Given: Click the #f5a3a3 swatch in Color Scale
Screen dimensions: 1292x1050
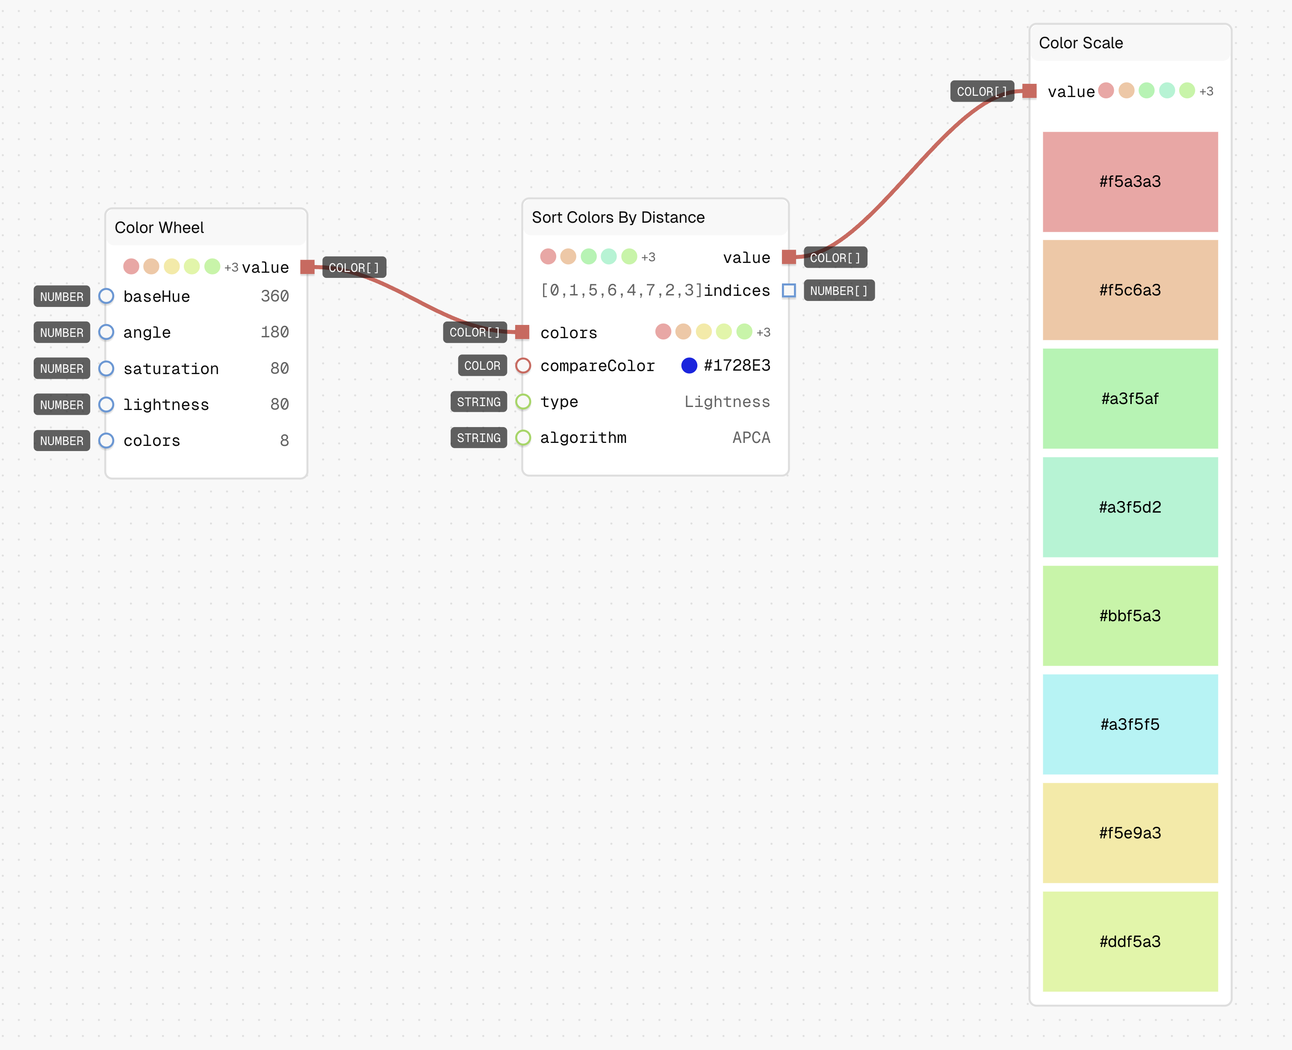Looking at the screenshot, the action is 1130,181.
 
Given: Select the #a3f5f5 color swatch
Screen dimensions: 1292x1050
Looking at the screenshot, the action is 1130,724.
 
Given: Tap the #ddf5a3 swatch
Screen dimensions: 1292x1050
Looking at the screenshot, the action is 1130,941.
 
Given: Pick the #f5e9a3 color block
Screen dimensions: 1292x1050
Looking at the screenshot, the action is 1130,833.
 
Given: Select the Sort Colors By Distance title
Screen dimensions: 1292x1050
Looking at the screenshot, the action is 618,217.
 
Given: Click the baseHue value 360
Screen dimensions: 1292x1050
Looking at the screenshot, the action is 274,296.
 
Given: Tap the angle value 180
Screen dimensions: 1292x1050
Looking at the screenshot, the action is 274,332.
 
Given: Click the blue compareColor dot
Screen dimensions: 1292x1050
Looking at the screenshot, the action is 689,366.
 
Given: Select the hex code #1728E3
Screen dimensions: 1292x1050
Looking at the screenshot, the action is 737,366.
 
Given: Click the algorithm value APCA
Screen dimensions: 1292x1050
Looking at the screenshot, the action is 751,437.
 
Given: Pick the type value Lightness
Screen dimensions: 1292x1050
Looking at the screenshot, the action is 727,401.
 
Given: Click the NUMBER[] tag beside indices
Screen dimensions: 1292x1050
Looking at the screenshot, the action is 839,291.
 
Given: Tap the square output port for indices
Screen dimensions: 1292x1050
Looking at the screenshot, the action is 789,291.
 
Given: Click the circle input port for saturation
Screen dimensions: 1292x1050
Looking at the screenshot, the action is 106,369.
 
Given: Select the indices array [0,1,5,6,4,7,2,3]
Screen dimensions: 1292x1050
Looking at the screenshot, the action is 622,290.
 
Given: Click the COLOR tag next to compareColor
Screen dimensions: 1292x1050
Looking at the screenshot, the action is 482,366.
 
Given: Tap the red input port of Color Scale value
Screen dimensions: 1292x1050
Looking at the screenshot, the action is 1029,91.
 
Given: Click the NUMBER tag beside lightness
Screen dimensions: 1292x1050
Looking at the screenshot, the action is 62,404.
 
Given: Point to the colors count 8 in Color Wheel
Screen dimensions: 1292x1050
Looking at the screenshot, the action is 284,440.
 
